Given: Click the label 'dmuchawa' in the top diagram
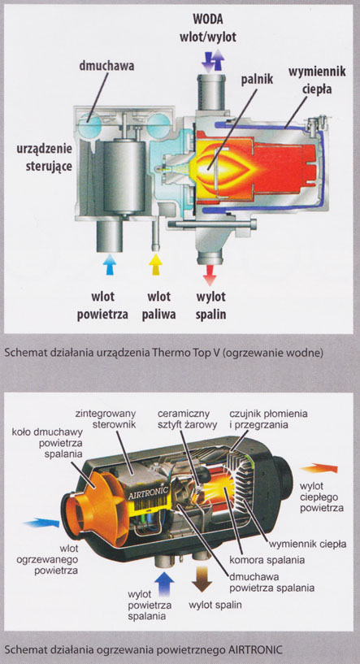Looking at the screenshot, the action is coord(106,66).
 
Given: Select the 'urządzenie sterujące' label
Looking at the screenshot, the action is coord(45,157).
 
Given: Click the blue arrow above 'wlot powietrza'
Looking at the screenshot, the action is coord(110,264).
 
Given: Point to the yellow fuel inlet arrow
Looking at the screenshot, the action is coord(156,264).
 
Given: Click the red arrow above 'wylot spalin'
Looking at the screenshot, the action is coord(209,276).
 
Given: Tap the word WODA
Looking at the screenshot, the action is coord(207,20).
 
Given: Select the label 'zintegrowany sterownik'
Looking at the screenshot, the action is coord(106,419).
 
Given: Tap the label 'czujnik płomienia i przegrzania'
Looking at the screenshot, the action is coord(268,419).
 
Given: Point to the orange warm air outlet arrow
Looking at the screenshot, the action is coord(319,468).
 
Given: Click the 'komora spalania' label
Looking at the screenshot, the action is coord(267,560).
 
